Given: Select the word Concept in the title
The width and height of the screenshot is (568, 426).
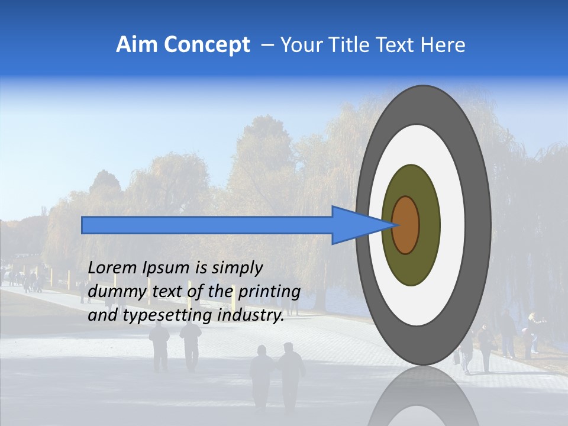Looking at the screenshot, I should coord(207,46).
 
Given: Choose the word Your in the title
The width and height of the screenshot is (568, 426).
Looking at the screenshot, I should coord(299,45).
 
